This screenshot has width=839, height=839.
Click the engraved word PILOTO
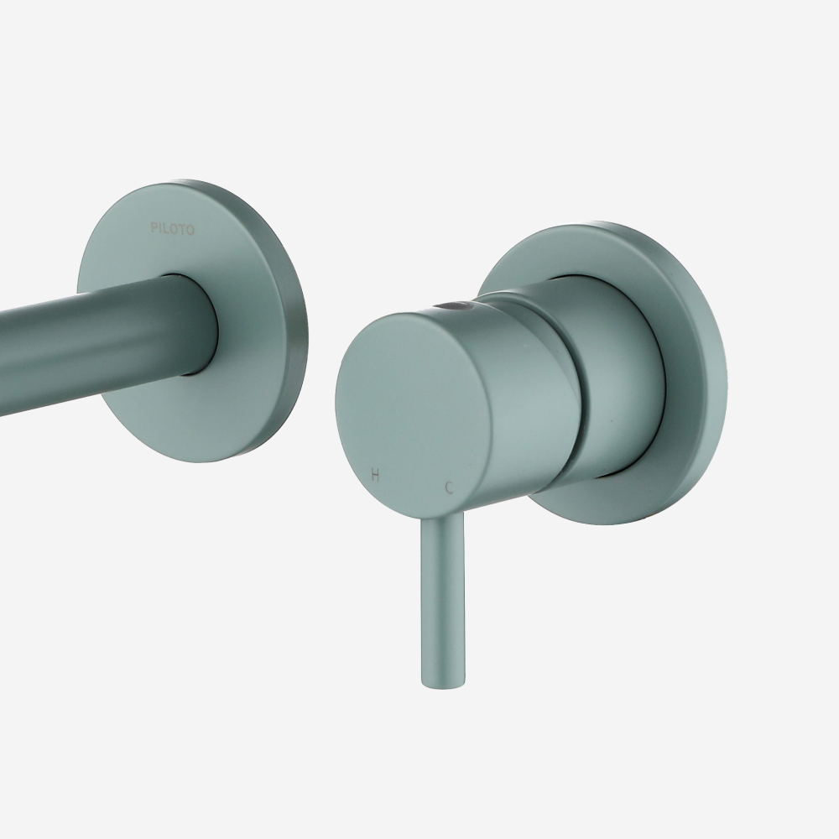pos(172,229)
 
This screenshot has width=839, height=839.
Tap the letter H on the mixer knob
pos(375,475)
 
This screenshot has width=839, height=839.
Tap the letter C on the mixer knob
pos(450,487)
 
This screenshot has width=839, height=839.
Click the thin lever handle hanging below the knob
pos(442,599)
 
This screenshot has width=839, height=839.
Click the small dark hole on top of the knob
pos(453,306)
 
